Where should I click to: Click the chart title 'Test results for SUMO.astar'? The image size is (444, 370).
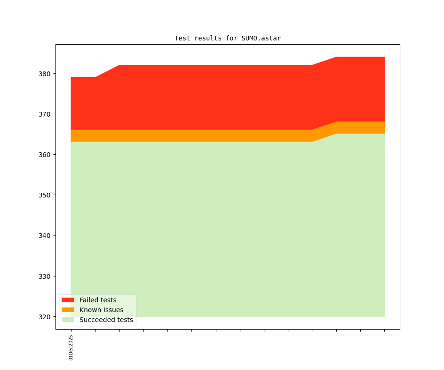pos(228,38)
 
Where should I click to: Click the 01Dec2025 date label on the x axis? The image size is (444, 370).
pos(71,347)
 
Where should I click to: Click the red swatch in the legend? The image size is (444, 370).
pos(68,300)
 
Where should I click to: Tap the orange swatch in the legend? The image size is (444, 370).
pos(68,310)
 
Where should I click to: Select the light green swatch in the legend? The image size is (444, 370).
pos(68,320)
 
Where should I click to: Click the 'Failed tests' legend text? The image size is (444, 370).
pos(98,300)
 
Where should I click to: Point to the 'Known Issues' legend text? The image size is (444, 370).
pos(101,310)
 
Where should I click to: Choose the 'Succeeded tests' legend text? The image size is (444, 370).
pos(106,320)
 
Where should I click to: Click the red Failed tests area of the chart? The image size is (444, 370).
pos(212,96)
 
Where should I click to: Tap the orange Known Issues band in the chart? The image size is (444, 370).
pos(212,135)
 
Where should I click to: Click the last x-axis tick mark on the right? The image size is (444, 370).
pos(385,331)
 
